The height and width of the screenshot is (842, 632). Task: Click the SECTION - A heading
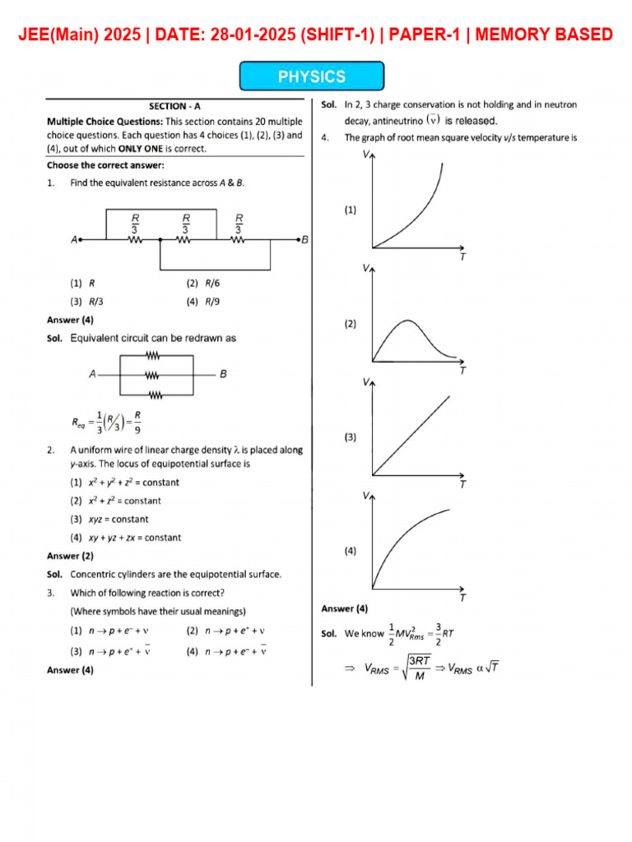click(174, 106)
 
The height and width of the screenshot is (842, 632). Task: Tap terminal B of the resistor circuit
click(304, 239)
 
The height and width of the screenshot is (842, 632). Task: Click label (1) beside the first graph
click(351, 210)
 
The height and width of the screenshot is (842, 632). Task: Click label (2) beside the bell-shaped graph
click(351, 324)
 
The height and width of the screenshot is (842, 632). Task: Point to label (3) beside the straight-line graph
click(351, 437)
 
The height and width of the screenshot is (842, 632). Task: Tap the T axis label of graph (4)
click(462, 598)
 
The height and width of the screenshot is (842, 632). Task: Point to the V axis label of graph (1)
click(365, 154)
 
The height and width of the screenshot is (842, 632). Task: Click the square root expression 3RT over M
click(418, 668)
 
